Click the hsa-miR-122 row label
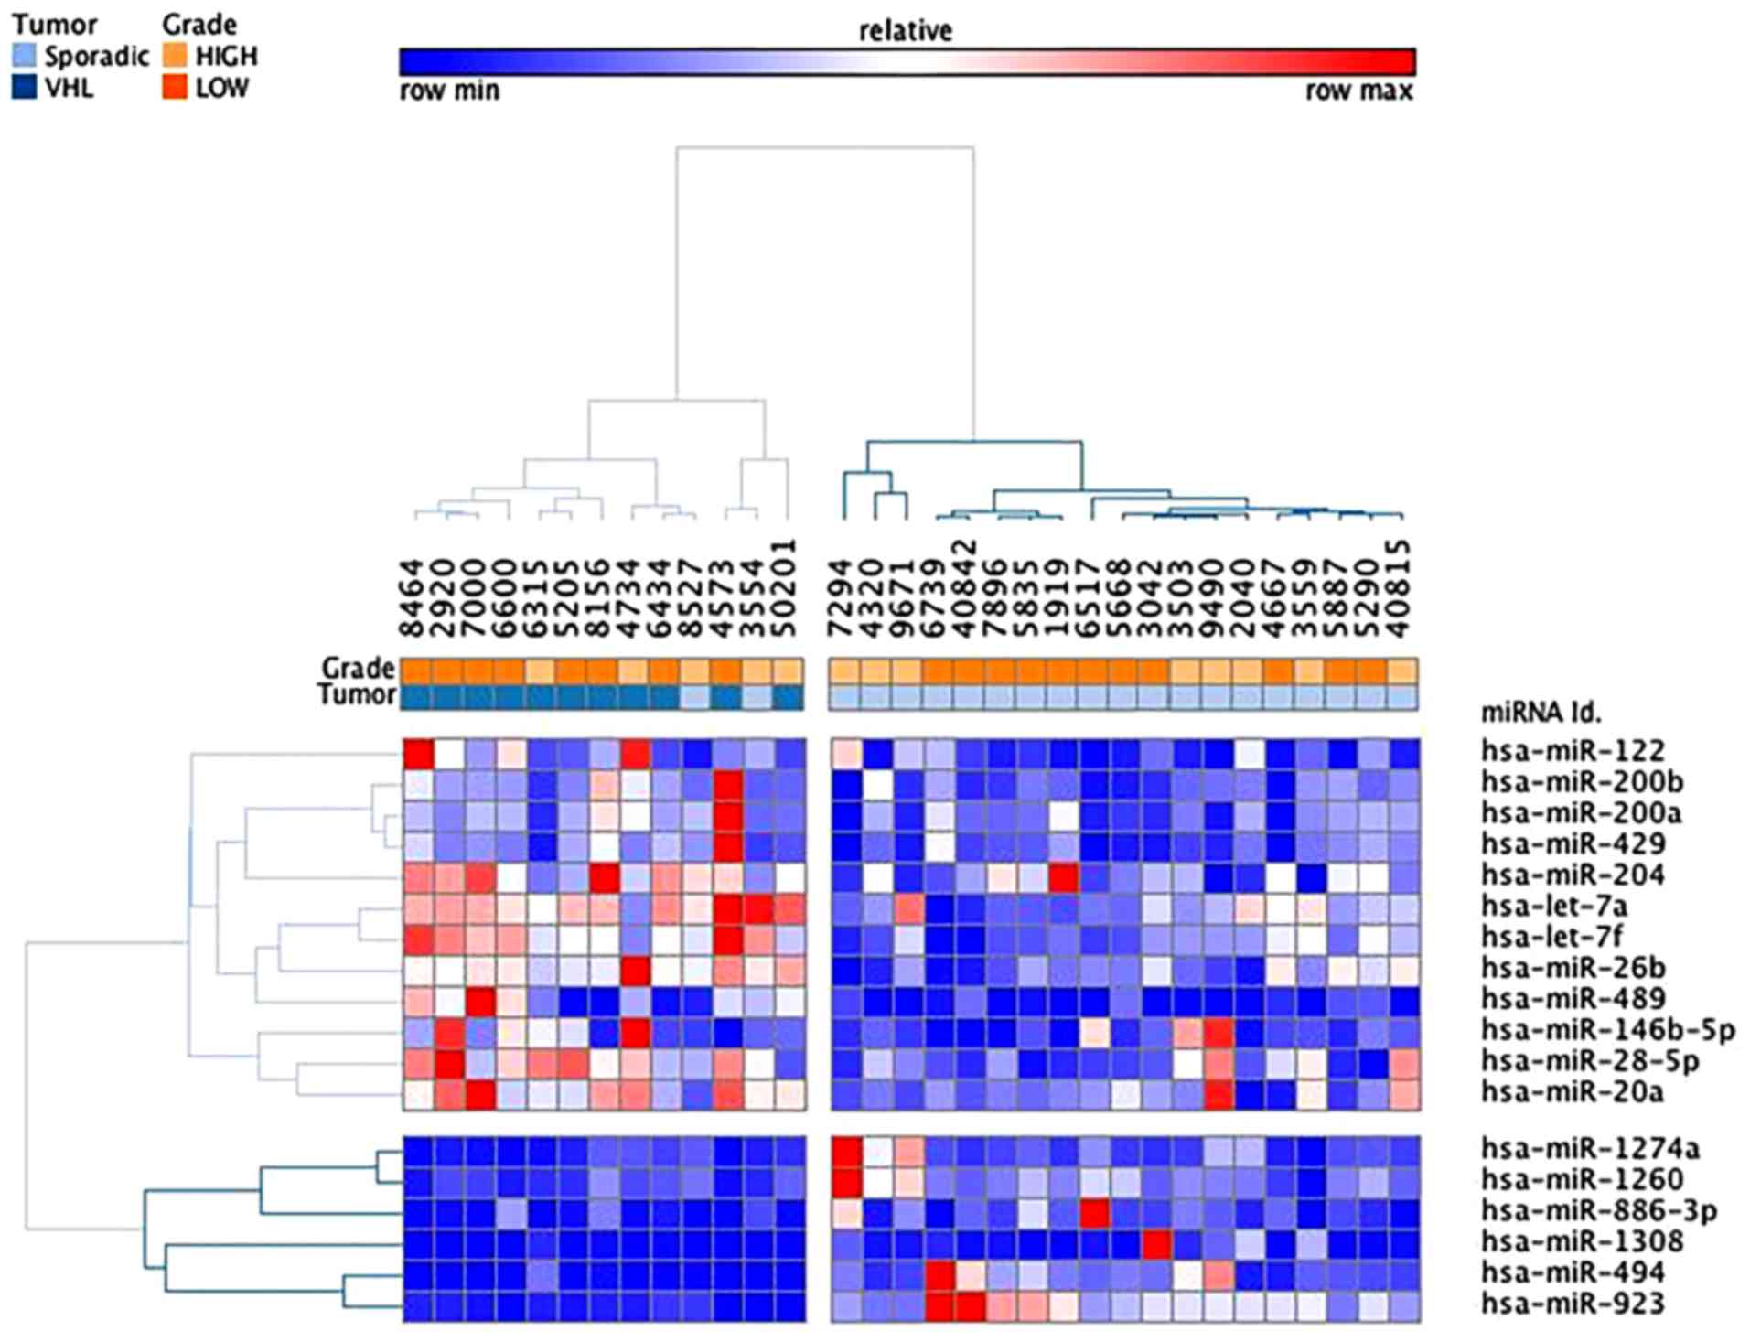coord(1573,751)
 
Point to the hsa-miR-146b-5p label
coord(1608,1031)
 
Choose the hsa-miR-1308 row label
coord(1582,1241)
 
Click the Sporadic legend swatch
coord(25,56)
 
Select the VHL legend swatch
coord(25,88)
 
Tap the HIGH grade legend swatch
coord(175,56)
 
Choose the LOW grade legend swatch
coord(175,88)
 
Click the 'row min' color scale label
coord(449,91)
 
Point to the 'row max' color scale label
coord(1359,91)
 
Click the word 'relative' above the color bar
coord(906,31)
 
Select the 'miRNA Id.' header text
coord(1541,713)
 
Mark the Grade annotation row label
coord(358,668)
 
